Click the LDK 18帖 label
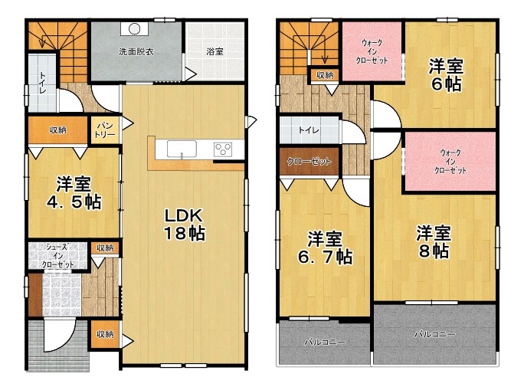185,224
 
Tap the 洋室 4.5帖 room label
74,193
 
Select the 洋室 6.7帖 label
325,247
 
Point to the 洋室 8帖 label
434,241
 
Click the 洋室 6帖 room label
446,75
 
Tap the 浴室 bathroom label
215,52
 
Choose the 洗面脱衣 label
136,52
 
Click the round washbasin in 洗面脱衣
134,29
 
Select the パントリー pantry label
105,130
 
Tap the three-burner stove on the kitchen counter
223,149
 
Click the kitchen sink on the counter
182,149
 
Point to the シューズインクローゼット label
57,256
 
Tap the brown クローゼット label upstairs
309,162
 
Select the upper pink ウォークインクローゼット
372,51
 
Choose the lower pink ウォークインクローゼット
450,162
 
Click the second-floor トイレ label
309,130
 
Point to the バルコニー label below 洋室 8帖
435,334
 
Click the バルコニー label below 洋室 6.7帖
325,342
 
